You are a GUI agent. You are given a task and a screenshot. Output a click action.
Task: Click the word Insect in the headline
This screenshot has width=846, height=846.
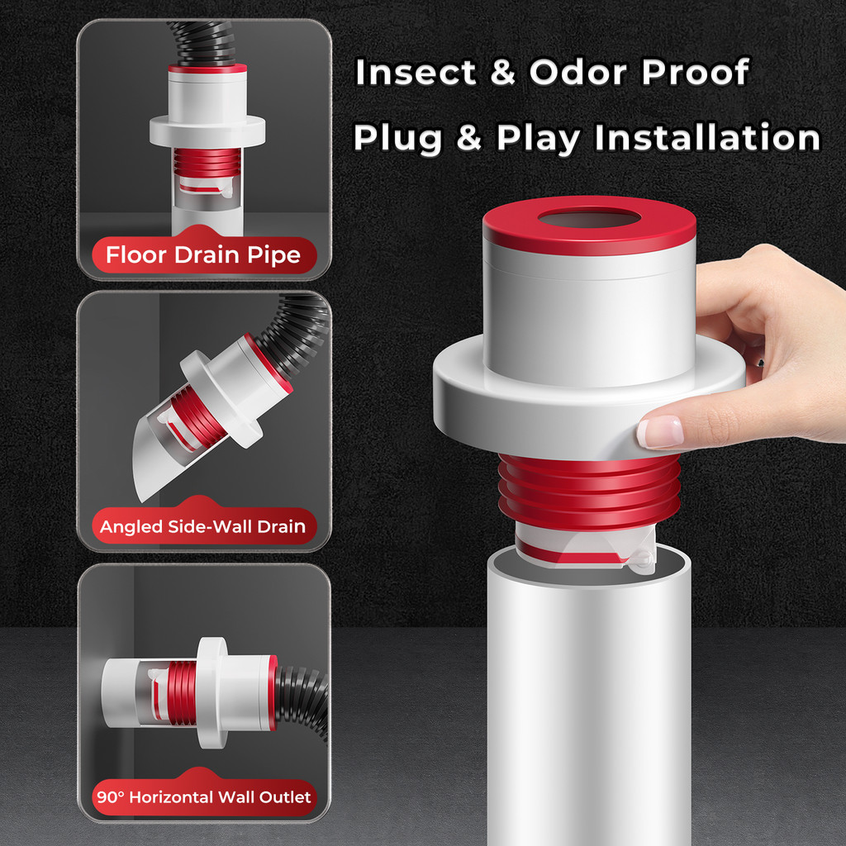pos(416,72)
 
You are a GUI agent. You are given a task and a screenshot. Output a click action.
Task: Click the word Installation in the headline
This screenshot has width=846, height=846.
pos(707,137)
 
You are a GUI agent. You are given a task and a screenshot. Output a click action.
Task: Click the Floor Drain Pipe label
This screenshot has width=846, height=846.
pos(203,254)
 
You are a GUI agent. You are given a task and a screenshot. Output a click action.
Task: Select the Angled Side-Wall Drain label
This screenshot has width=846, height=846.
pos(203,526)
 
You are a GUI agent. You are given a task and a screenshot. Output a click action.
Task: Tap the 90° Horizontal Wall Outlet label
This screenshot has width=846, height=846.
pos(204,797)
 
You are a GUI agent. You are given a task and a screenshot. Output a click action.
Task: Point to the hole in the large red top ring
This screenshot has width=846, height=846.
pos(588,218)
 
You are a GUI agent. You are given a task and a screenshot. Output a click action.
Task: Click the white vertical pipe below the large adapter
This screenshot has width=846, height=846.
pos(588,701)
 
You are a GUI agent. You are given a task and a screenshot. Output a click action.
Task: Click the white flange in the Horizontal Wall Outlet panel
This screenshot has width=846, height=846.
pos(211,693)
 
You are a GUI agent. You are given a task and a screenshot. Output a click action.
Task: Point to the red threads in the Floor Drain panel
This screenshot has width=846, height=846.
pos(207,163)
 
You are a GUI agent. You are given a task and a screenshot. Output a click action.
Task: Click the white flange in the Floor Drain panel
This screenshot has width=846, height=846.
pos(207,131)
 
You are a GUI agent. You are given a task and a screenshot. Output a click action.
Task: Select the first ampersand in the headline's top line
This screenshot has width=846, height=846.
pos(503,73)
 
